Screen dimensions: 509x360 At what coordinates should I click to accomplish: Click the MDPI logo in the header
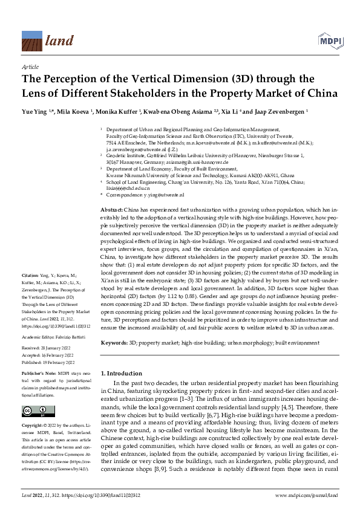[327, 41]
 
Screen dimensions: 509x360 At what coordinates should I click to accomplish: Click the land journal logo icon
[31, 41]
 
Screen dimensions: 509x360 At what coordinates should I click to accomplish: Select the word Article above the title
[30, 67]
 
